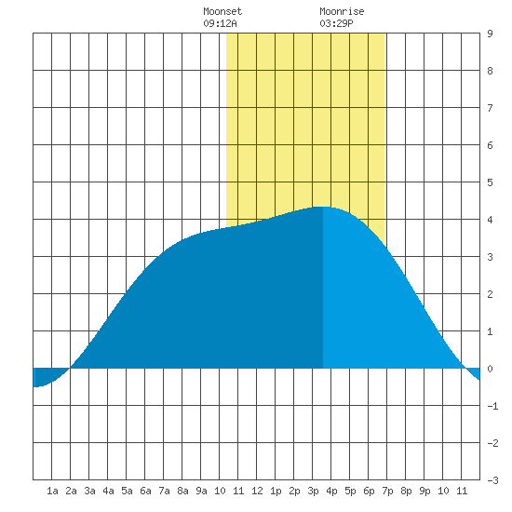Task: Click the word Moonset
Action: coord(222,11)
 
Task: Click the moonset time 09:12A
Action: coord(220,23)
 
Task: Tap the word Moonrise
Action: coord(342,11)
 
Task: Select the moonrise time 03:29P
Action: coord(336,23)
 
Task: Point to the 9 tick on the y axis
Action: coord(490,34)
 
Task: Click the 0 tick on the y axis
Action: coord(490,369)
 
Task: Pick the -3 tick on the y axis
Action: coord(492,480)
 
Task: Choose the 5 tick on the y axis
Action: coord(490,182)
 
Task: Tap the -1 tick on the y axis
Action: coord(492,406)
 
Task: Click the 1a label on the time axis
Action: coord(52,491)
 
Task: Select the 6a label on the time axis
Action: coord(145,491)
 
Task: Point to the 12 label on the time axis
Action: coord(257,491)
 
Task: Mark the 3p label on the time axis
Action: coord(313,491)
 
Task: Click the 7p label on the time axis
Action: coord(387,491)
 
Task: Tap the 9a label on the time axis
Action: coord(201,491)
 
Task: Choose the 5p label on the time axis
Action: coord(350,491)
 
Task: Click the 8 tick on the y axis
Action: coord(490,71)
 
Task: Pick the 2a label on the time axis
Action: coord(71,491)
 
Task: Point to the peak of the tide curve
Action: coord(323,207)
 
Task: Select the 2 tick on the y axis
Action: coord(490,294)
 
